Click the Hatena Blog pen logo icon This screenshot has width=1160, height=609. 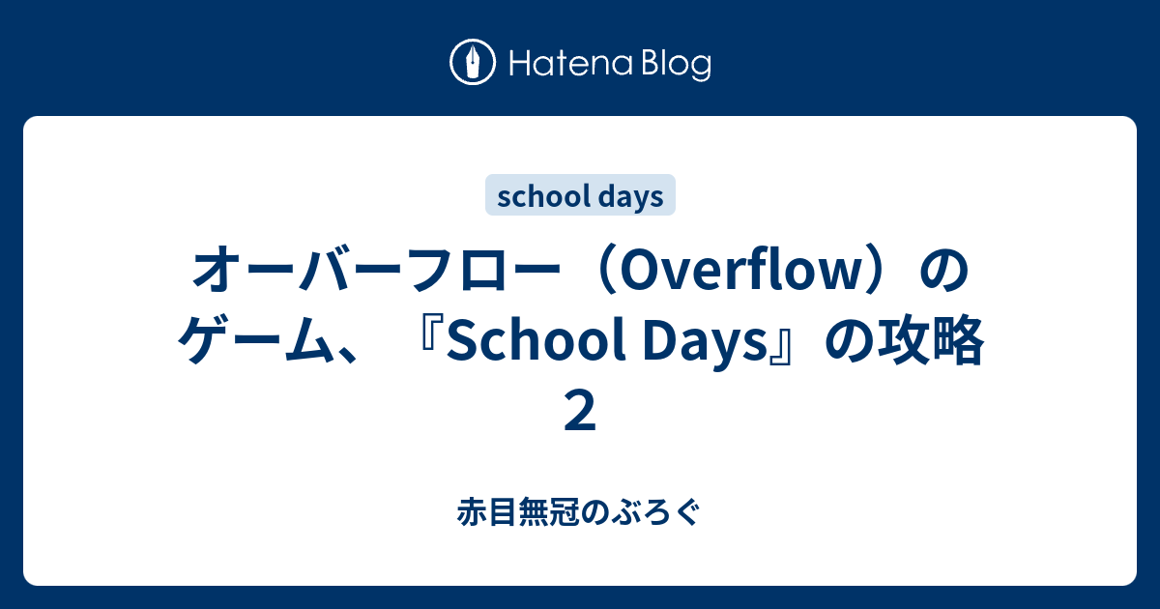click(x=473, y=63)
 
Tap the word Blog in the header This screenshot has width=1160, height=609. click(x=674, y=64)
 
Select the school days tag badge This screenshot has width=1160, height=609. click(x=580, y=196)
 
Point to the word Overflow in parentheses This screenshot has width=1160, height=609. click(x=729, y=274)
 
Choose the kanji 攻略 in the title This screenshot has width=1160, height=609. click(x=939, y=342)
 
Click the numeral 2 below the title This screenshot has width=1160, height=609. click(x=580, y=411)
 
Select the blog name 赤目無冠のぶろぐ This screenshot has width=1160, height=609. click(x=580, y=511)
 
